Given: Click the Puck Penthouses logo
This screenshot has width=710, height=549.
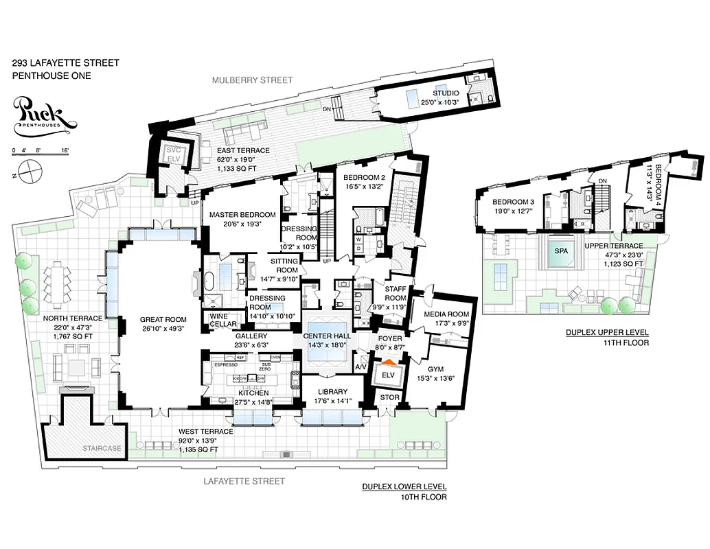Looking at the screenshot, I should pyautogui.click(x=44, y=114).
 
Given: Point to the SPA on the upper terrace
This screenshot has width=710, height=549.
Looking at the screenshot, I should pyautogui.click(x=561, y=252).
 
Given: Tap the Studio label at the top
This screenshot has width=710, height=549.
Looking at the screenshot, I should pyautogui.click(x=446, y=93).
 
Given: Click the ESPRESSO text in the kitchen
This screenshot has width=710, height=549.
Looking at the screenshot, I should pyautogui.click(x=226, y=366).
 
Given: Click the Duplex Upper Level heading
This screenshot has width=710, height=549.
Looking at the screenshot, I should pyautogui.click(x=607, y=332).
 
